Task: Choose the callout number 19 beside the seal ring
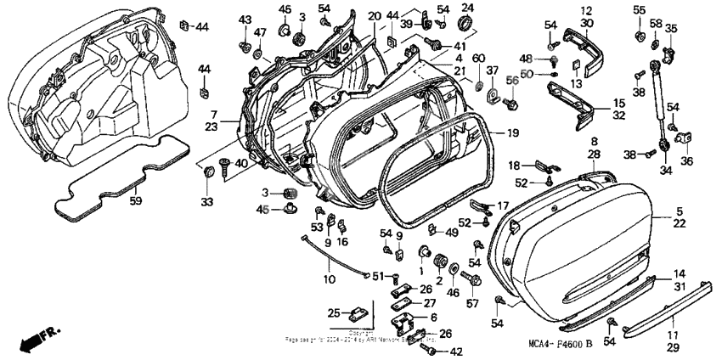coord(512,133)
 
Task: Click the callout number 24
coord(466,8)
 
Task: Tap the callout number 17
coord(502,204)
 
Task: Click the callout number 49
coord(452,232)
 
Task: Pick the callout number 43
coord(245,19)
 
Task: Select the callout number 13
coord(577,83)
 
